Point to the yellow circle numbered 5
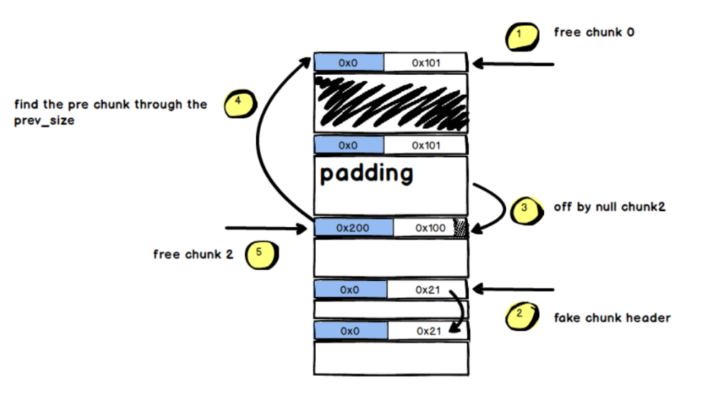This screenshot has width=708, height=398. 259,254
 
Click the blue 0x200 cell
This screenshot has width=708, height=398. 354,228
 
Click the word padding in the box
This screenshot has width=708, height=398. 367,173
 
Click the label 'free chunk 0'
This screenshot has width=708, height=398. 594,32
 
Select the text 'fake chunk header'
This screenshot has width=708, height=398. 612,318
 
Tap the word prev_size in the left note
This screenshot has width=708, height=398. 45,121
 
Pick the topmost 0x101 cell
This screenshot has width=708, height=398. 426,63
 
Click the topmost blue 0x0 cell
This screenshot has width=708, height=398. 349,63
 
